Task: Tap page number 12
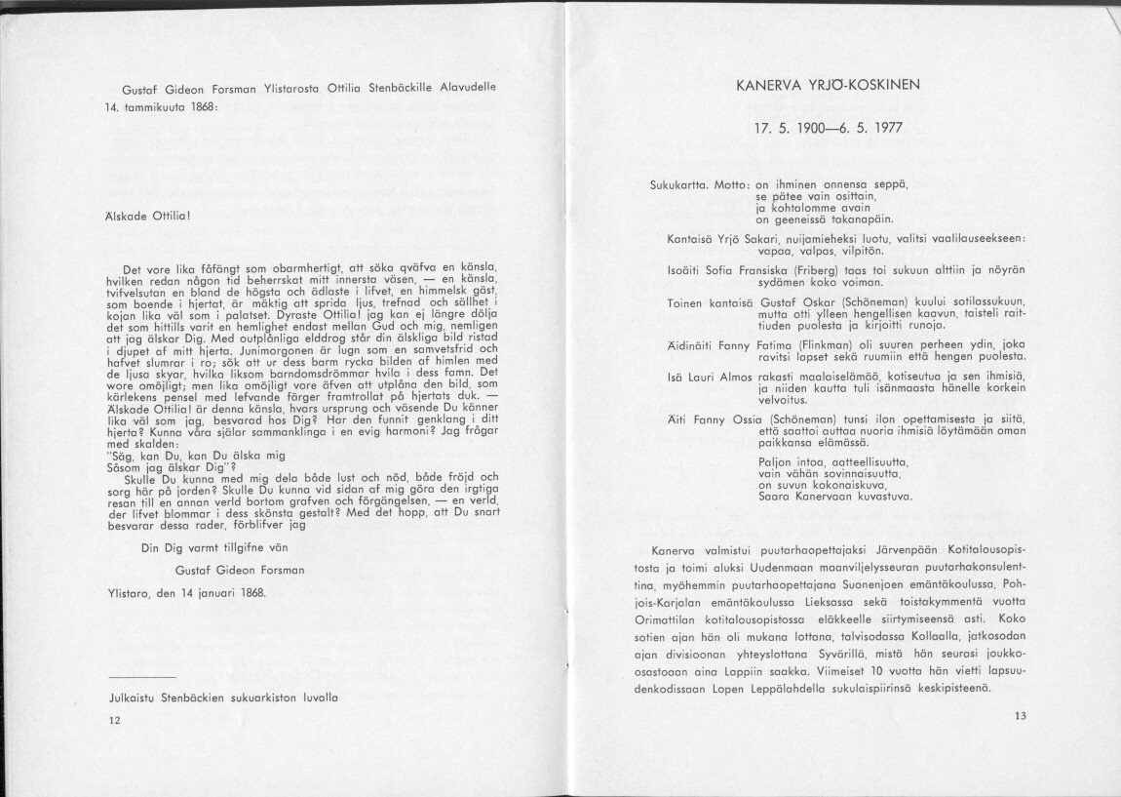[x=115, y=720]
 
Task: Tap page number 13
[x=1021, y=716]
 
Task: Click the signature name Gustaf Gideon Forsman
[x=240, y=570]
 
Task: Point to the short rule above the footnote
[x=142, y=676]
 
